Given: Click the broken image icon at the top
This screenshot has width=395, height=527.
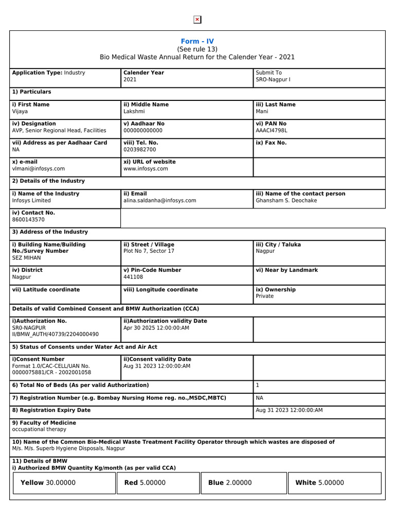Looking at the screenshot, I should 197,20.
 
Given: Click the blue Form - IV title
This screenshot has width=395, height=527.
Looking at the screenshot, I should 197,41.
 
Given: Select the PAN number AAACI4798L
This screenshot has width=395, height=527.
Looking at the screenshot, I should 271,131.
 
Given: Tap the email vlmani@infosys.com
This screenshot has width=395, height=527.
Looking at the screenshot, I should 39,169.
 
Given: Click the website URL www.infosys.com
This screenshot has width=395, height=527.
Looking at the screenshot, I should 146,169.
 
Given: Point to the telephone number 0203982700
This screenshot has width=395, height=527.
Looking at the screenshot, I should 140,150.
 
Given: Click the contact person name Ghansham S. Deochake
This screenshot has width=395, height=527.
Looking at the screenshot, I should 286,201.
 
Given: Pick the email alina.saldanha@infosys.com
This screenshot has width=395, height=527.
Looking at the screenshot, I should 159,201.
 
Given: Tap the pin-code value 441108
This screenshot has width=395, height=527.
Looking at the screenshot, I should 133,277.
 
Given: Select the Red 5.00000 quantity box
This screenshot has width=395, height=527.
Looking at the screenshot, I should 157,483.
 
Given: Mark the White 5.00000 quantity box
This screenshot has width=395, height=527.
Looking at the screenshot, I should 334,483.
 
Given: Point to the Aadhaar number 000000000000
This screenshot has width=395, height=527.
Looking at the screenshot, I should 143,131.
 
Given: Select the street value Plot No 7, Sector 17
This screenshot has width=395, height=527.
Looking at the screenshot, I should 149,251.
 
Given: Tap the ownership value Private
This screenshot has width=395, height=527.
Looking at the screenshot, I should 265,296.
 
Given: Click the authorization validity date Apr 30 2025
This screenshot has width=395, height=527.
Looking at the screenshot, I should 156,328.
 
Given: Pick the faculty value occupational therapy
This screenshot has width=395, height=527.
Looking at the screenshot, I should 39,429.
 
